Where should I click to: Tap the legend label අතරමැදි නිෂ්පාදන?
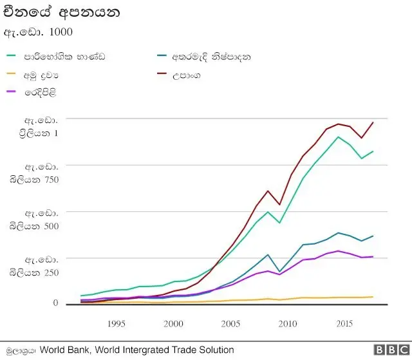point(212,57)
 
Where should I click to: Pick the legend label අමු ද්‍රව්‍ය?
point(45,75)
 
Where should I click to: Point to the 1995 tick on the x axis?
point(116,323)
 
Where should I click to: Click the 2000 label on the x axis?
point(173,323)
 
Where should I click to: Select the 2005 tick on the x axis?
point(230,323)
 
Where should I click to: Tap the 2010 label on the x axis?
point(287,323)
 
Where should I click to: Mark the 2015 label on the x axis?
point(344,323)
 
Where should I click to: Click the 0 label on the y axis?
point(55,303)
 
